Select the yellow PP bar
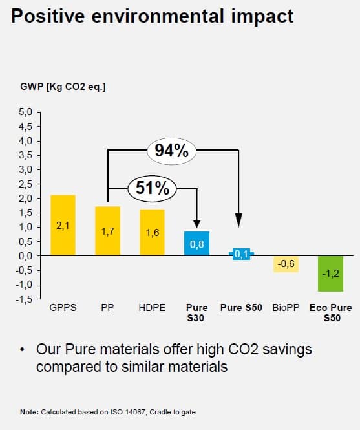coord(107,231)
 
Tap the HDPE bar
coord(152,232)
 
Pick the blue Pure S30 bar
coord(196,243)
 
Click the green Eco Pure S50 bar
coord(331,273)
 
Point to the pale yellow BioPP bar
coord(286,264)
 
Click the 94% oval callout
coord(171,151)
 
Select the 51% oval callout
coord(153,188)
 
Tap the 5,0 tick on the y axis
coord(25,112)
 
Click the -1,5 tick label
coord(24,299)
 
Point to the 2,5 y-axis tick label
coord(25,184)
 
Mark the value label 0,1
coord(242,254)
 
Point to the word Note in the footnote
coord(28,411)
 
